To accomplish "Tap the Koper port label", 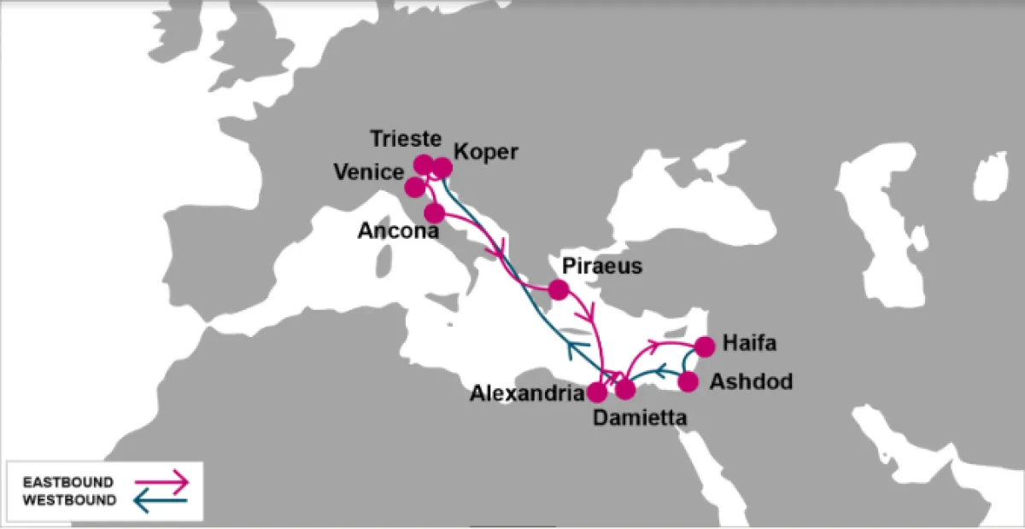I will pos(486,152).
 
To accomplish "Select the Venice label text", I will pos(368,173).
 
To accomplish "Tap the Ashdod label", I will pos(751,381).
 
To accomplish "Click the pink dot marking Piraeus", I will pos(559,289).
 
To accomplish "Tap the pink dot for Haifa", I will pos(705,346).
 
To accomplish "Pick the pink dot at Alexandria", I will pos(597,392).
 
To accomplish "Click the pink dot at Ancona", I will pos(435,212).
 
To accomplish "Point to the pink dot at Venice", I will pos(414,186).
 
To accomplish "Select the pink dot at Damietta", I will pos(625,390).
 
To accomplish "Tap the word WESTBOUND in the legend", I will pos(69,501).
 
